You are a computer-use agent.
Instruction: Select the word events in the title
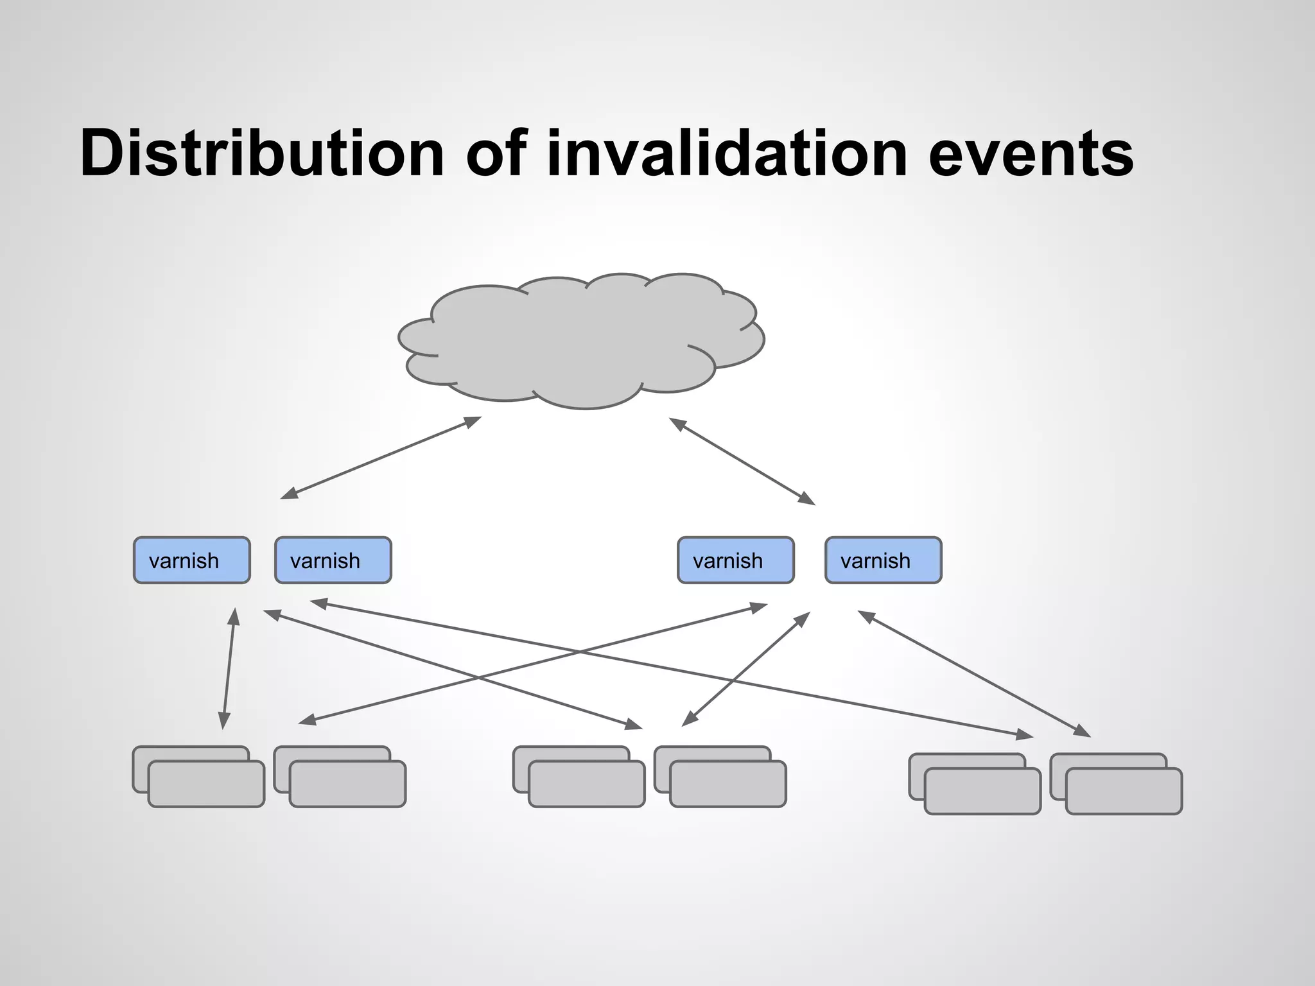point(1031,154)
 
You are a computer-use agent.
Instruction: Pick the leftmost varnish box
point(191,560)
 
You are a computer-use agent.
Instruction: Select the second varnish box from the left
point(333,560)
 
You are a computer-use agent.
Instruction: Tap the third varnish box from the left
point(736,560)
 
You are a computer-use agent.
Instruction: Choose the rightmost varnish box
point(883,560)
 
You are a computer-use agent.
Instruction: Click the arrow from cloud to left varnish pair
point(381,458)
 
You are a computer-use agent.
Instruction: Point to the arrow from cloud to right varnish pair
point(742,461)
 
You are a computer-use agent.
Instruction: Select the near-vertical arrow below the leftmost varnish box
point(229,668)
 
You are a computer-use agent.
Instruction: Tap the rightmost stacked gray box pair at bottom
point(1117,785)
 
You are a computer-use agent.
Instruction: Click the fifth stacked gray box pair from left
point(975,785)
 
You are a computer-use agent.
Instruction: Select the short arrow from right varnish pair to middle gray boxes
point(745,669)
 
